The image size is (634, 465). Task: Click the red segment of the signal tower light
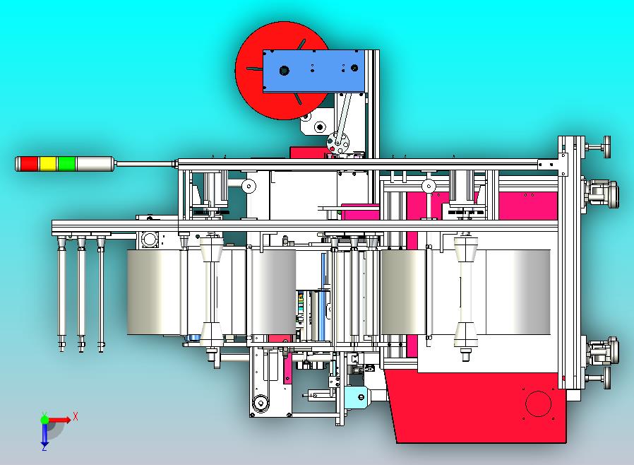pyautogui.click(x=29, y=164)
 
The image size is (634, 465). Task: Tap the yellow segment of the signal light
pyautogui.click(x=48, y=164)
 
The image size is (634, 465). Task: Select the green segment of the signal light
pyautogui.click(x=66, y=164)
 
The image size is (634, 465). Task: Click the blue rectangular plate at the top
pyautogui.click(x=314, y=71)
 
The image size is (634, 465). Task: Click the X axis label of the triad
pyautogui.click(x=76, y=416)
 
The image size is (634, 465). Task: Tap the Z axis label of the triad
pyautogui.click(x=44, y=447)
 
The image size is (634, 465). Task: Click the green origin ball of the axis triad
pyautogui.click(x=44, y=419)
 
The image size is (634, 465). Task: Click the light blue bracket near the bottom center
pyautogui.click(x=357, y=396)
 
